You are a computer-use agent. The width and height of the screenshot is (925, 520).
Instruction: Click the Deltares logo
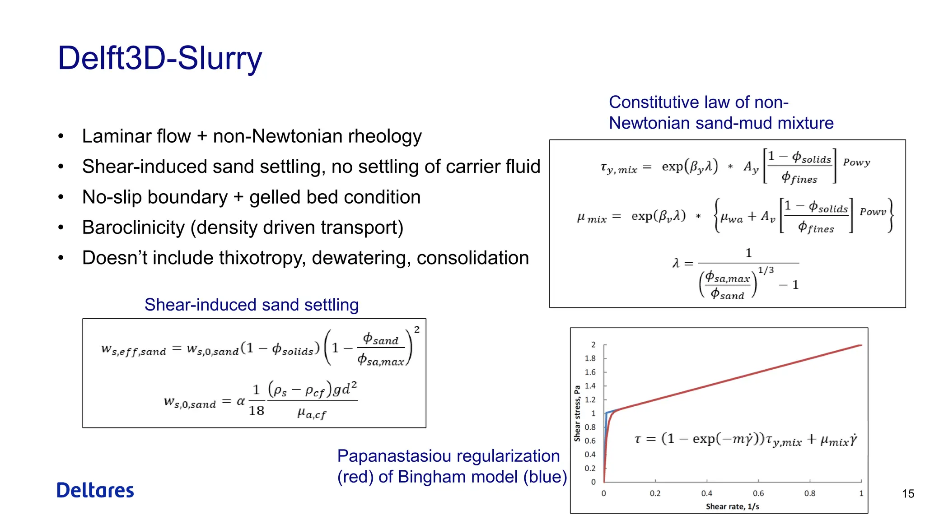coord(95,490)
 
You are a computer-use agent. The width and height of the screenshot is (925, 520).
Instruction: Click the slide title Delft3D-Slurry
coord(160,59)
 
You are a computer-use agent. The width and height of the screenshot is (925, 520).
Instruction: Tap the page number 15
coord(908,494)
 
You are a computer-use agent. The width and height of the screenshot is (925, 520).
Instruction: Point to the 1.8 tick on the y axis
coord(590,358)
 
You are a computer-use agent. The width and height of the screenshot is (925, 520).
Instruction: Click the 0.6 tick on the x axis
coord(758,493)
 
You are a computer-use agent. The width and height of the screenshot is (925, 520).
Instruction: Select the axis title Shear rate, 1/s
coord(732,506)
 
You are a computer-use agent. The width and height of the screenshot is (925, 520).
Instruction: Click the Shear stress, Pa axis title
coord(577,413)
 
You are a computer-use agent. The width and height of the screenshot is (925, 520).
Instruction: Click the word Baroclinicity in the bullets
coord(133,227)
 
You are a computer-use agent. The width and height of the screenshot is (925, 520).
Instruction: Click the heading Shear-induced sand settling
coord(252,305)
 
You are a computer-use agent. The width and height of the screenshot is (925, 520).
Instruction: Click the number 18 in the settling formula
coord(257,411)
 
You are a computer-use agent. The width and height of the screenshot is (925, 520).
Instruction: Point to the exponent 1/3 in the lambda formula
coord(766,270)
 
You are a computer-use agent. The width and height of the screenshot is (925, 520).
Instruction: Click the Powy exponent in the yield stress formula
coord(856,162)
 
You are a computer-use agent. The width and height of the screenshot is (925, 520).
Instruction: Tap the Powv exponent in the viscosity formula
coord(873,212)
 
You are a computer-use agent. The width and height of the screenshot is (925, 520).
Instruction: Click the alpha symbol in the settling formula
coord(241,401)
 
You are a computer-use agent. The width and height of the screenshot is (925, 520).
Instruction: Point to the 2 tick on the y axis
coord(593,345)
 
